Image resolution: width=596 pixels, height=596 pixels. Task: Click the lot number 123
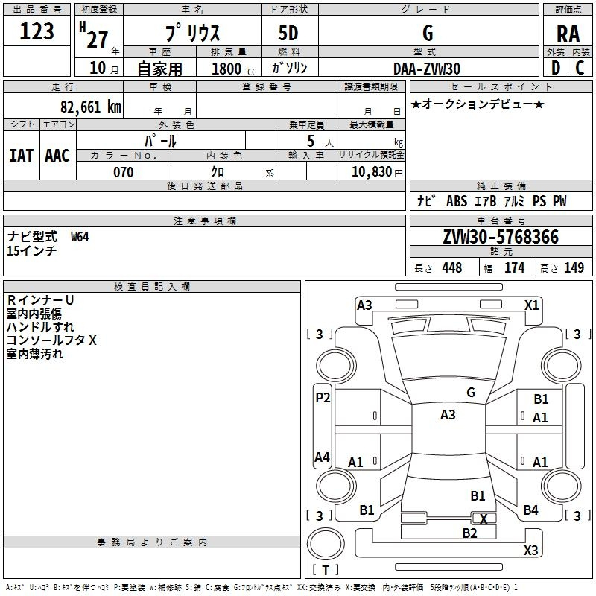coord(37,31)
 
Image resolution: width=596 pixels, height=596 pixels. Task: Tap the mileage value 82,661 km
coord(89,106)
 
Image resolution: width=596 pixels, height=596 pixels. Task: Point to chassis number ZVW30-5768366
coord(501,237)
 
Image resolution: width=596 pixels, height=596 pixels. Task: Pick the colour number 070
coord(123,172)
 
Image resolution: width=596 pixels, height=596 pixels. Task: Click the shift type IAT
coord(21,156)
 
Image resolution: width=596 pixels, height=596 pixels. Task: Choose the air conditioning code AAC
coord(57,156)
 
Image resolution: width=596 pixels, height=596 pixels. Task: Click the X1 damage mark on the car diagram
coord(531,305)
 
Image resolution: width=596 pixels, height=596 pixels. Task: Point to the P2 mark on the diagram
coord(323,398)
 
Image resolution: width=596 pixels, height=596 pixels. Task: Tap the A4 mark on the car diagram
coord(322,457)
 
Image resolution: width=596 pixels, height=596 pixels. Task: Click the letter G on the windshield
coord(470,393)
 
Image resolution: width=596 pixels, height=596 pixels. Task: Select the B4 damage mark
coord(530,510)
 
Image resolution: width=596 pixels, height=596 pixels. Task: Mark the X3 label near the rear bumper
coord(530,551)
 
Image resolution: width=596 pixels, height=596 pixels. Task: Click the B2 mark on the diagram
coord(469,533)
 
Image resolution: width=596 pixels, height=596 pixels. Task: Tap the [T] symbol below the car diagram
coord(326,570)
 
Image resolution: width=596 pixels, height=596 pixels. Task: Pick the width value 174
coord(514,267)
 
